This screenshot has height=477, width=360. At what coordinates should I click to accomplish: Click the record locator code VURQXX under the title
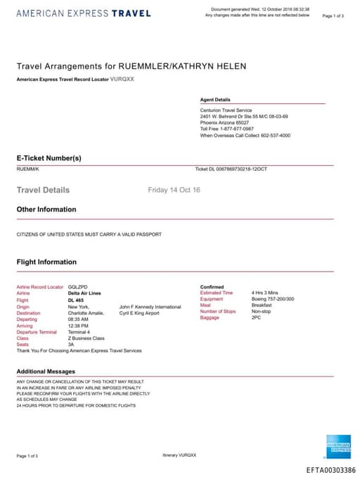coord(122,79)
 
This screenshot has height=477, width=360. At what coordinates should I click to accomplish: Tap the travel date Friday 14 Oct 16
coord(174,190)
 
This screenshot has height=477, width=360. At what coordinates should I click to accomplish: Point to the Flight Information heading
coord(46,262)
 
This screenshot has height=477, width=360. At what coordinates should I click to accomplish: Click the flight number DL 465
coord(76,300)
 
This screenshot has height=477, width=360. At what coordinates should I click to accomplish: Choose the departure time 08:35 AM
coord(79,319)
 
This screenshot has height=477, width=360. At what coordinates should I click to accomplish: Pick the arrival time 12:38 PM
coord(79,326)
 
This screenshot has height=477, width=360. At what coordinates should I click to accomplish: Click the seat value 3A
coord(71,344)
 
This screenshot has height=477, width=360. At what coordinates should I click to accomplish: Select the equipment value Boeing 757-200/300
coord(273,299)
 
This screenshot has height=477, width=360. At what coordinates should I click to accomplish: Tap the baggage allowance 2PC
coord(256,318)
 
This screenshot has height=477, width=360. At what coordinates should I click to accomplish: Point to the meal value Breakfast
coord(262,305)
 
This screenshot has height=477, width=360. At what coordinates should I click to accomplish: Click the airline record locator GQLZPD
coord(77,287)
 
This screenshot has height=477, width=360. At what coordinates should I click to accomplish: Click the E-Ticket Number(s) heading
coord(49,158)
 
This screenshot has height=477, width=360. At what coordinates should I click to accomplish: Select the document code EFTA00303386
coord(331,470)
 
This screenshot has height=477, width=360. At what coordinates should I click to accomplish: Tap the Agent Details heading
coord(215,100)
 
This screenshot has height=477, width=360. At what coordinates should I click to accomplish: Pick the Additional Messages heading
coord(46,371)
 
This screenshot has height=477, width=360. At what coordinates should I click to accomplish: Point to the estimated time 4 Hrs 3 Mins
coord(265,293)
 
